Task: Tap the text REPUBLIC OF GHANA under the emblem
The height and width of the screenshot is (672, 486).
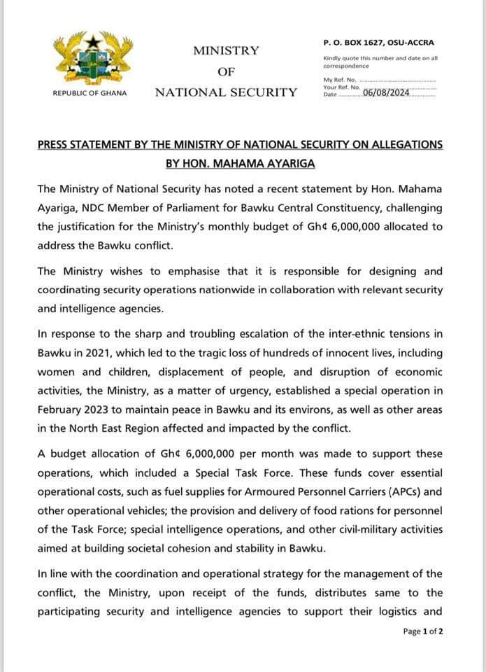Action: coord(90,93)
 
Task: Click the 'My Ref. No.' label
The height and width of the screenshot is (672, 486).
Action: coord(340,80)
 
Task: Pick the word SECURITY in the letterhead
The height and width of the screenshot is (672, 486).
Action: coord(263,92)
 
